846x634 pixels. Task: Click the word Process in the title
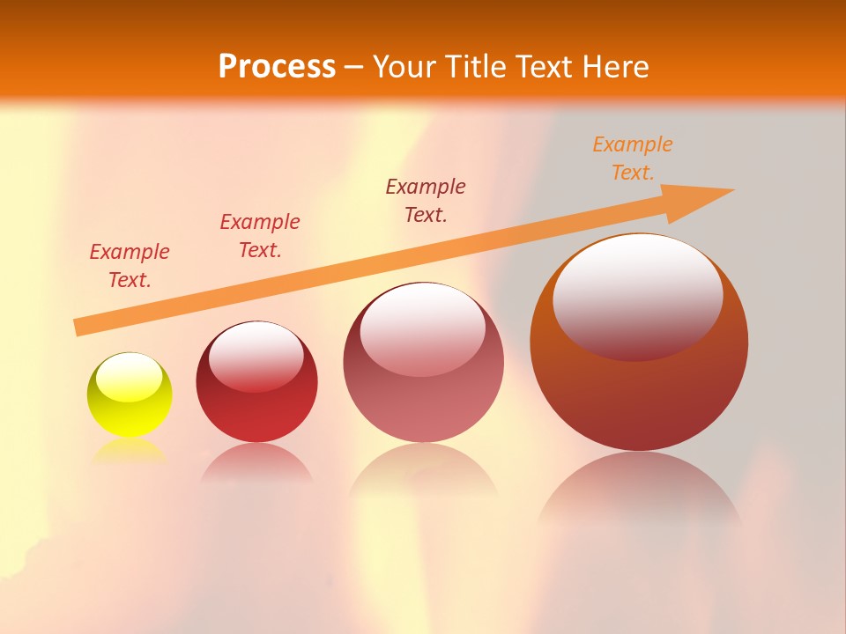tap(277, 66)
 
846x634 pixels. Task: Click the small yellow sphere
tap(130, 394)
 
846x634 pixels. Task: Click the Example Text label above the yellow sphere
tap(130, 266)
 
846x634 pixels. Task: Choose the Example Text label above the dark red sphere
tap(260, 236)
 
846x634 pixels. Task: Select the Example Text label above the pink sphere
tap(426, 200)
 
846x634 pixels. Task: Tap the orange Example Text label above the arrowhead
tap(633, 158)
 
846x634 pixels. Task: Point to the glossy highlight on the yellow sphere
tap(130, 377)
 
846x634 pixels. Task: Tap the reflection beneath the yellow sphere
tap(129, 450)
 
